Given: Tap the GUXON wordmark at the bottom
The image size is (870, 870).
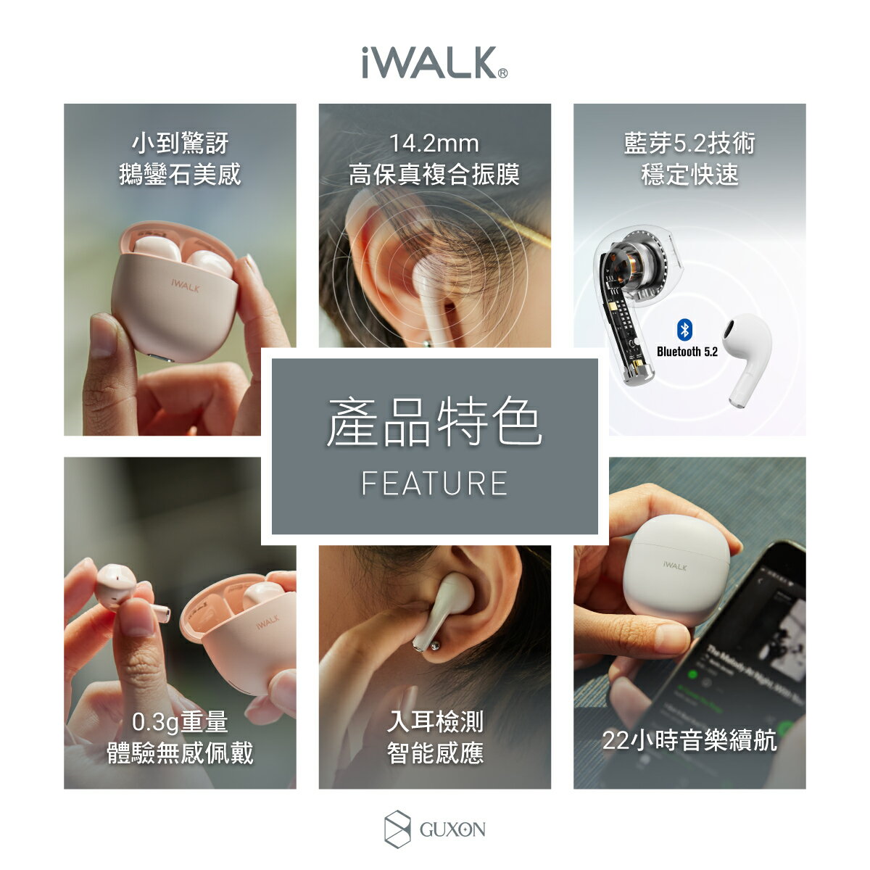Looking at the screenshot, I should pos(452,829).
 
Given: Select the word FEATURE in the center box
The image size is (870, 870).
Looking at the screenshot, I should pos(434,484).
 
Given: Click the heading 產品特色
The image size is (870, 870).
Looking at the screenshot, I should pos(434,423).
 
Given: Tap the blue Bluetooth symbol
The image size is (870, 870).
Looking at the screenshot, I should pos(684,330).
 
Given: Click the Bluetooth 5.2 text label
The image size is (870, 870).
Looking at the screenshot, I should pos(687,352).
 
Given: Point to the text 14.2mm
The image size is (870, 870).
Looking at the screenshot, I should pos(434,144).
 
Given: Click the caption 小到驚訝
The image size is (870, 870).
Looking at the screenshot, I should pos(180,144).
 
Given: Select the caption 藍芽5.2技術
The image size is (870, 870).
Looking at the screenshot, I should pos(689,144).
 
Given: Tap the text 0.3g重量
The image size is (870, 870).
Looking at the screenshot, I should pos(180,722).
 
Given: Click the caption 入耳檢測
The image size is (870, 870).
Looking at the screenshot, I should pos(434,722).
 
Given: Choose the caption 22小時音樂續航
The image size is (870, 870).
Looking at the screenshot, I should pos(689,740).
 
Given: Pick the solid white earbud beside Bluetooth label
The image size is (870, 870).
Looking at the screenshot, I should pos(747,355).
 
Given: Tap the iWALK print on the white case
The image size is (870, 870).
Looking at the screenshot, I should pos(675,565).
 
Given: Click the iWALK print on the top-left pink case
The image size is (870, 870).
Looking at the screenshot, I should pos(185,288).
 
